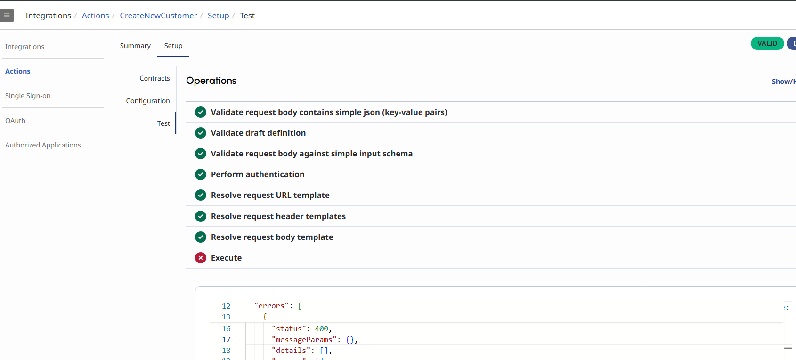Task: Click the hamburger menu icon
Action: click(x=7, y=16)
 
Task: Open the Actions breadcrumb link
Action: click(x=95, y=16)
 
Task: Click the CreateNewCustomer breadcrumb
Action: click(x=158, y=16)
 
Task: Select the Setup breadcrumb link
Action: click(x=218, y=16)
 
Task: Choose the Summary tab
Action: click(x=135, y=46)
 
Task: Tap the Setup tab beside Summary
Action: click(x=173, y=46)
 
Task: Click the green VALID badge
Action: click(x=767, y=43)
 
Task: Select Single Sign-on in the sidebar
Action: click(x=28, y=96)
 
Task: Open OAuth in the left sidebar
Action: click(x=16, y=121)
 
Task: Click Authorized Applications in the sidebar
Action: click(x=43, y=145)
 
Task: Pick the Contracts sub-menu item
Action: click(x=154, y=78)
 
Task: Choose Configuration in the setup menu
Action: click(x=148, y=101)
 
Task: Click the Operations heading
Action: click(x=211, y=81)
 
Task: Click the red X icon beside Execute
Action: click(x=201, y=258)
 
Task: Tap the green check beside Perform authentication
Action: click(x=201, y=174)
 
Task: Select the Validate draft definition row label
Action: click(x=258, y=133)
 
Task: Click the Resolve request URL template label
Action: click(x=270, y=195)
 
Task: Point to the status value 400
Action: click(x=322, y=329)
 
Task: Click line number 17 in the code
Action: click(x=226, y=340)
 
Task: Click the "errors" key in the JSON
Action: click(x=271, y=306)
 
